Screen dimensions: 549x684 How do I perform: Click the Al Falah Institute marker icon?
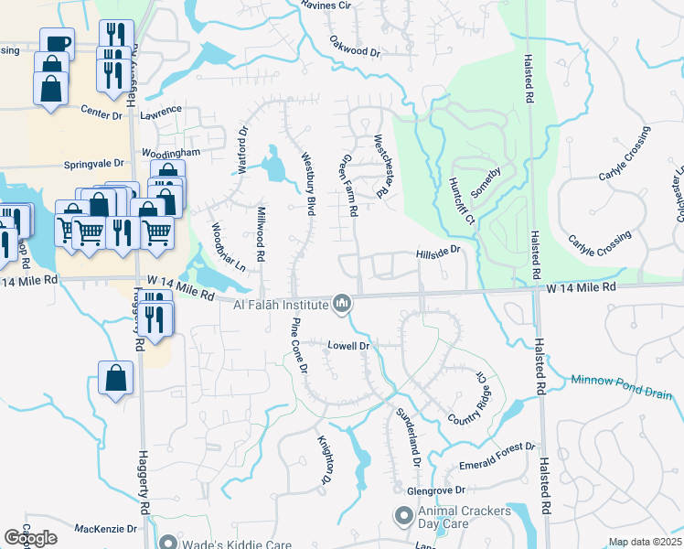click(342, 303)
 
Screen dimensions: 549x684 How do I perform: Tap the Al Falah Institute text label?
click(281, 305)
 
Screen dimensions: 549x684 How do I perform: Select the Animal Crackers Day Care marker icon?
click(403, 518)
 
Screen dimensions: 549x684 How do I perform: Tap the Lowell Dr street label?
click(348, 346)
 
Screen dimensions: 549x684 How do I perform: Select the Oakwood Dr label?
click(355, 48)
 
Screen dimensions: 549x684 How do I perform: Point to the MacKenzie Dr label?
click(105, 529)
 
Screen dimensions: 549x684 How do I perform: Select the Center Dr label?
click(102, 114)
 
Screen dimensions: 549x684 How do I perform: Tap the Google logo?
click(30, 538)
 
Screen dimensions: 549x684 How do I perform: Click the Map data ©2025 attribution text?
click(645, 542)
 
